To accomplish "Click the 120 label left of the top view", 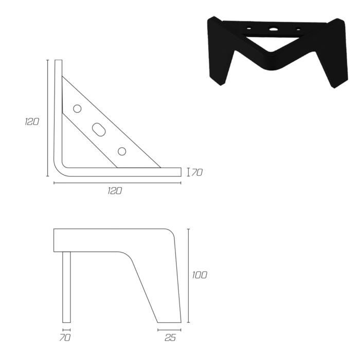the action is click(x=32, y=122).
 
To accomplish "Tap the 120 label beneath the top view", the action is click(x=115, y=191).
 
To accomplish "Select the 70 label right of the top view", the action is click(x=197, y=172).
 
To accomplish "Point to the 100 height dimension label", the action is click(x=200, y=275).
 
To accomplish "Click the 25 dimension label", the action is click(x=170, y=338).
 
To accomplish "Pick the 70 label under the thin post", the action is click(x=65, y=338).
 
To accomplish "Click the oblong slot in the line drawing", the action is click(x=99, y=130).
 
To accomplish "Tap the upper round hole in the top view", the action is click(x=77, y=109).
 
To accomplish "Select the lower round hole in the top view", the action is click(x=122, y=152).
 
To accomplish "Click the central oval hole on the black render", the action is click(x=273, y=29).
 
